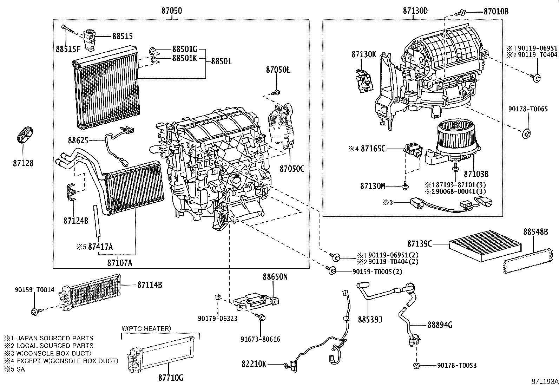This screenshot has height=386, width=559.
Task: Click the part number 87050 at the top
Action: (172, 11)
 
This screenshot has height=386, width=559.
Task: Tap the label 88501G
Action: (184, 49)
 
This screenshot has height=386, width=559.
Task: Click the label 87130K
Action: (363, 55)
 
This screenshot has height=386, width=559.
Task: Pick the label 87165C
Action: (373, 149)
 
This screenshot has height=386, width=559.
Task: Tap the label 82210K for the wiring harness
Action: (254, 364)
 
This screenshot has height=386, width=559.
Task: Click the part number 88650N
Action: (275, 277)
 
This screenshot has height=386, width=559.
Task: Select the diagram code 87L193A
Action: (544, 381)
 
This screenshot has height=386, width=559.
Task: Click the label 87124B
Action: (76, 221)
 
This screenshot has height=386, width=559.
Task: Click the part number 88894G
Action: (440, 325)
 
